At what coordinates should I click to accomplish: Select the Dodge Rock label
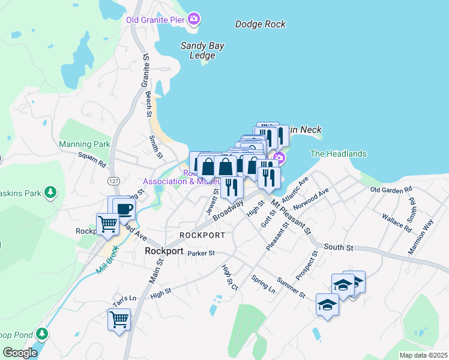point(260,25)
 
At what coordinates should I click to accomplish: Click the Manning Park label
point(85,145)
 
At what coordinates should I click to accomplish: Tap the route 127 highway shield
point(113,181)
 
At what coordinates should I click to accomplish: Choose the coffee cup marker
point(124,209)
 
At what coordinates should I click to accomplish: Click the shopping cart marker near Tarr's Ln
point(119,319)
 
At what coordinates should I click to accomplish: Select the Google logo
point(19,353)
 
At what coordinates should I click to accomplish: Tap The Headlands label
point(338,154)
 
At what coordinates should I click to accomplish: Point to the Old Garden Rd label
point(391,190)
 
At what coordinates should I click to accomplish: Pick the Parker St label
point(200,254)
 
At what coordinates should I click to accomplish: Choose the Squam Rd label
point(92,160)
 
